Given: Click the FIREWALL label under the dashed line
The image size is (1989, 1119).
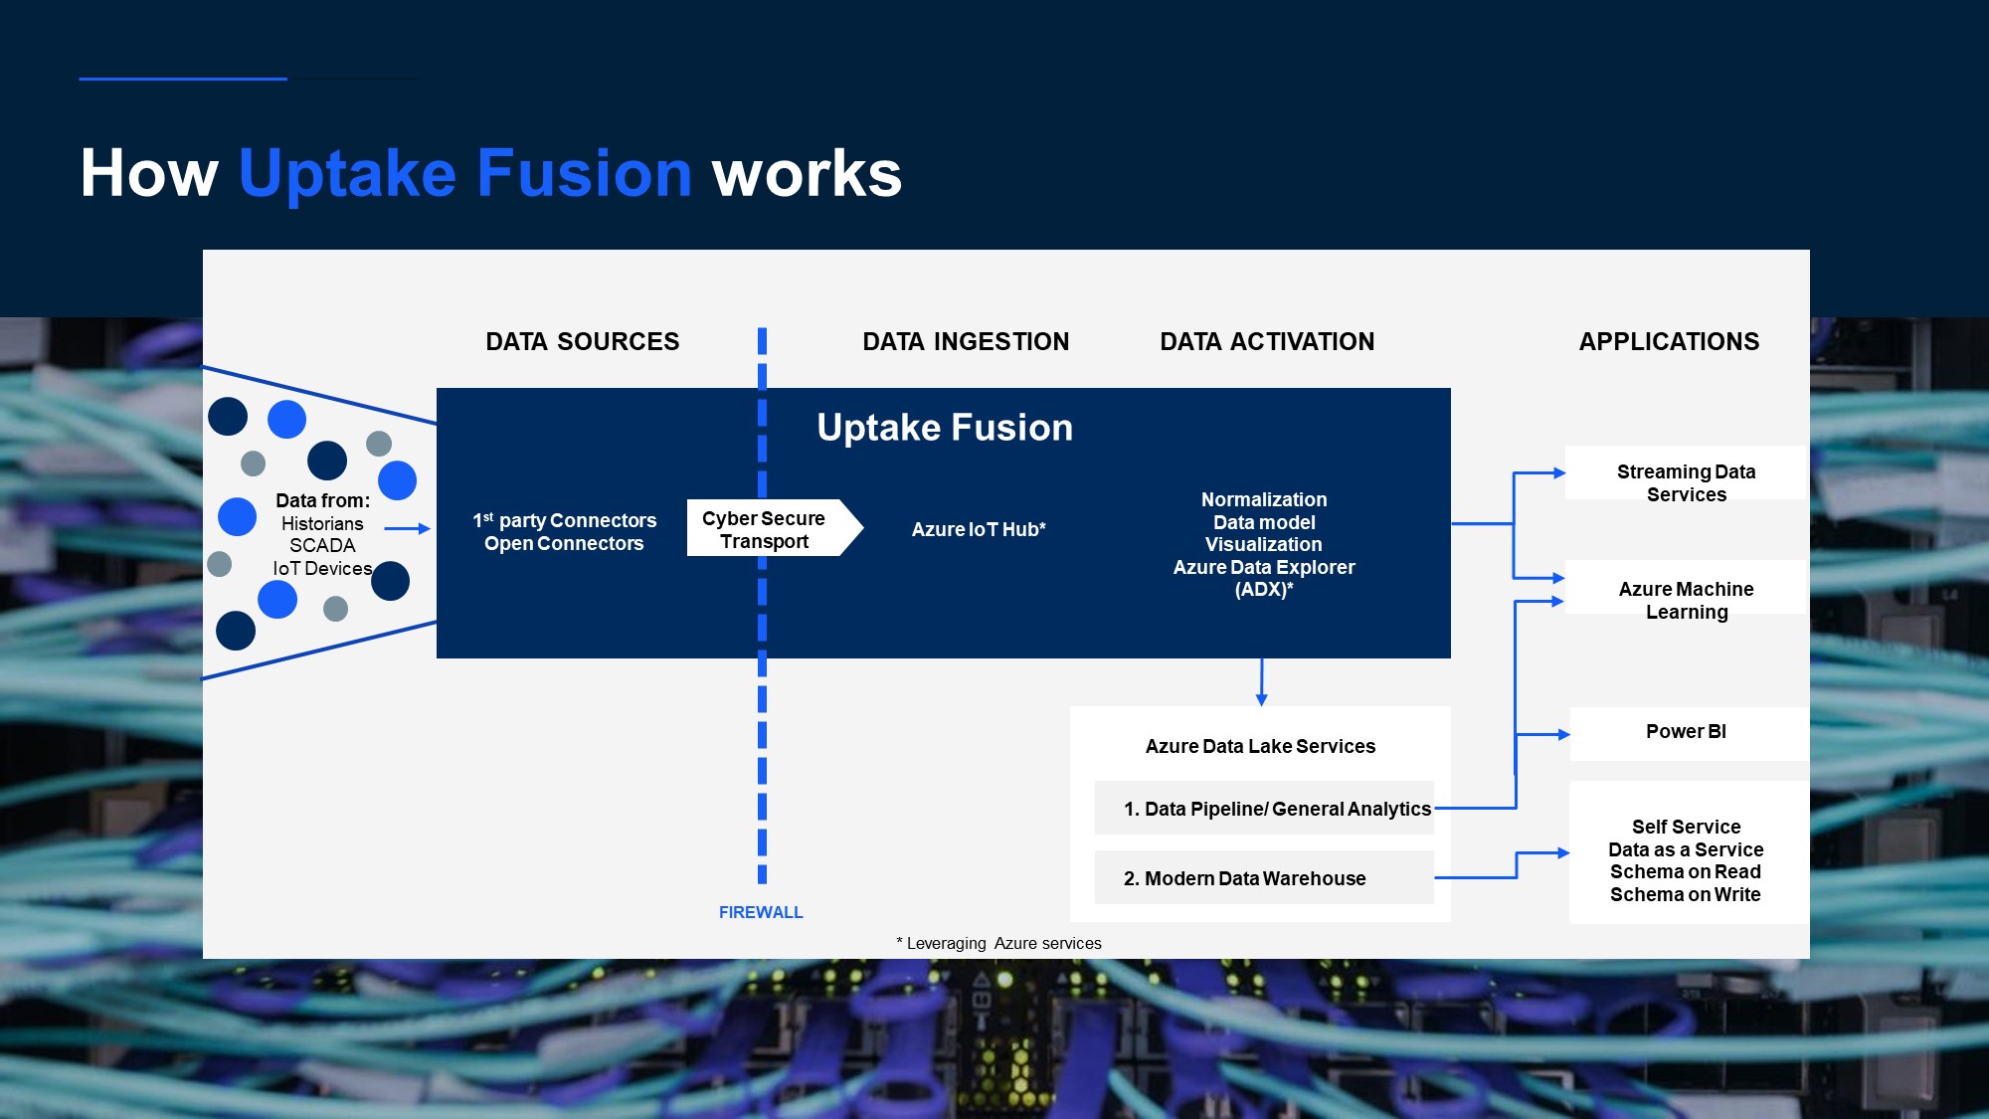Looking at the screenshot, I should tap(761, 912).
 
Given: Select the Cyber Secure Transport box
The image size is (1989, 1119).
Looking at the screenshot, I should tap(764, 529).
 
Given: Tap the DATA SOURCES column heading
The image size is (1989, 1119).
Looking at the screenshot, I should tap(582, 342).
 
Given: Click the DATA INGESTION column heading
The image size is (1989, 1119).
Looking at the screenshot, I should tap(966, 342).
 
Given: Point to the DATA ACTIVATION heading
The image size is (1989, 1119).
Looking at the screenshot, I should tap(1267, 342).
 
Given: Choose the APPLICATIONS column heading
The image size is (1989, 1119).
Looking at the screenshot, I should tap(1669, 342).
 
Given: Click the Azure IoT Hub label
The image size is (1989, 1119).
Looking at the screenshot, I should tap(979, 529).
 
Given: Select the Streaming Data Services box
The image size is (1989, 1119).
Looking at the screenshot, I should tap(1686, 482).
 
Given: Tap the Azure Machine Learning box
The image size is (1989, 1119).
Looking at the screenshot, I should tap(1686, 600).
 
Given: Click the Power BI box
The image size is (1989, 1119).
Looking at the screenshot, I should tap(1687, 732).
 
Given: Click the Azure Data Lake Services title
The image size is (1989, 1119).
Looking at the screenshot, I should tap(1260, 746).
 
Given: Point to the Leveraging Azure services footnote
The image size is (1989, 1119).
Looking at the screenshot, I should tap(999, 943).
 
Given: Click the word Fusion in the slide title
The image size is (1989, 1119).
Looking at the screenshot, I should tap(584, 173).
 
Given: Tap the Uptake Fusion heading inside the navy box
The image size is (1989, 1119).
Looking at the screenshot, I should tap(945, 428).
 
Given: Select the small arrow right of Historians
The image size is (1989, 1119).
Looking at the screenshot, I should tap(407, 529).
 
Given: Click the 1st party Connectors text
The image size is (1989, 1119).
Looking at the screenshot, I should tap(565, 520).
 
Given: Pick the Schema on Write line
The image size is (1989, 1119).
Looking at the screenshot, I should tap(1686, 894).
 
